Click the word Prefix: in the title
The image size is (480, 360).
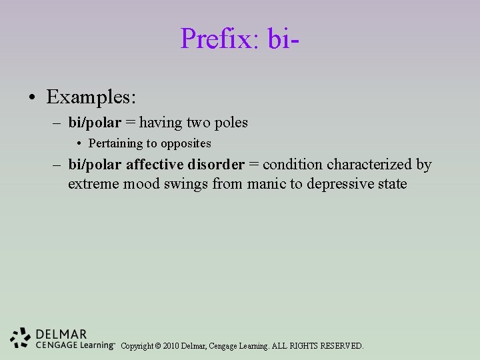click(220, 39)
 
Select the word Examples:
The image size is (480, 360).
click(91, 97)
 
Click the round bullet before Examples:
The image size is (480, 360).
click(32, 99)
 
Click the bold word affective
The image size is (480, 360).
click(154, 165)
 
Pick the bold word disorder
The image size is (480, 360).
click(216, 165)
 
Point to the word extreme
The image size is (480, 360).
click(93, 183)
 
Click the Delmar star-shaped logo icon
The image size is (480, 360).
click(21, 338)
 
